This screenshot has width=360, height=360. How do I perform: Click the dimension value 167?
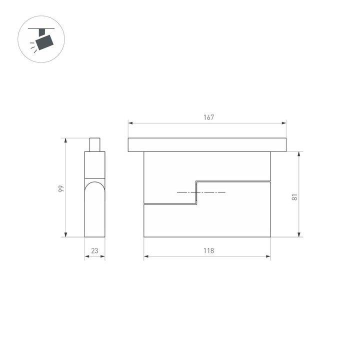click(208, 117)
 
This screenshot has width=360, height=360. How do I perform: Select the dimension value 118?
click(208, 251)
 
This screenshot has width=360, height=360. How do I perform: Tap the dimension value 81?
click(295, 196)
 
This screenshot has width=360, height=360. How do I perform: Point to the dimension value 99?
click(61, 188)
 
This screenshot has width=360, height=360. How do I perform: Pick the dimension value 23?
click(95, 251)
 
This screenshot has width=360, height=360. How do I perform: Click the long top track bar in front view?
click(207, 145)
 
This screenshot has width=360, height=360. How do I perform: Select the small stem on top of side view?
click(95, 144)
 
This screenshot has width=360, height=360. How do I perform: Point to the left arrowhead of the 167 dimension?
click(130, 122)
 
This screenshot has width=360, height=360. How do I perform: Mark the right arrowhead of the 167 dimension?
click(284, 122)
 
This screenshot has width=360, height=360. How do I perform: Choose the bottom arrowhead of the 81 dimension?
click(299, 234)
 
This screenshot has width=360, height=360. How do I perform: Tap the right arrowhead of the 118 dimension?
click(268, 257)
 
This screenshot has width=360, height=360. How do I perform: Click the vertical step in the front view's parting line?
click(196, 192)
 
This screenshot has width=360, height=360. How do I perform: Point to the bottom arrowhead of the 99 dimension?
click(66, 234)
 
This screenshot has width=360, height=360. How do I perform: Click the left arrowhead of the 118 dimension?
click(146, 257)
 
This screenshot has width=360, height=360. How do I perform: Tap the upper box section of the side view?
click(95, 164)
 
